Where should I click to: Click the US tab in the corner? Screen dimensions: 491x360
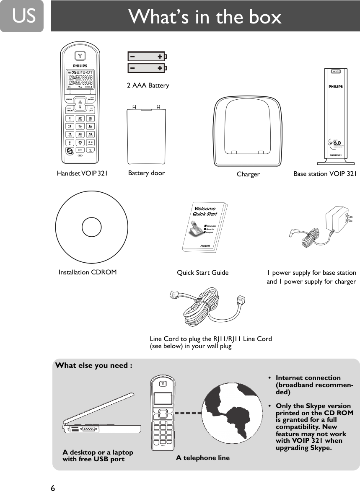click(x=21, y=16)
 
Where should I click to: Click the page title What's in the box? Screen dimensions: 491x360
click(x=205, y=17)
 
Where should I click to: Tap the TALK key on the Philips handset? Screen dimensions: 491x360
click(x=70, y=111)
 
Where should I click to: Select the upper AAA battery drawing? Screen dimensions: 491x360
click(x=146, y=56)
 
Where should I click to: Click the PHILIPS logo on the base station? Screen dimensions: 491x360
click(x=335, y=87)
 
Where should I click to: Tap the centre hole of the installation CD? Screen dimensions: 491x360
click(x=92, y=227)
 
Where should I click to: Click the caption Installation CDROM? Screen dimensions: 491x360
click(x=88, y=272)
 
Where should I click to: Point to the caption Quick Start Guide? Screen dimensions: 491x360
click(x=203, y=273)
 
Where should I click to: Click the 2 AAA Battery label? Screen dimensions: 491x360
click(x=148, y=85)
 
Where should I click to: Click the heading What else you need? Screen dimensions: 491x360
click(x=94, y=365)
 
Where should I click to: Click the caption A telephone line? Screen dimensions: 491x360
click(x=203, y=458)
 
